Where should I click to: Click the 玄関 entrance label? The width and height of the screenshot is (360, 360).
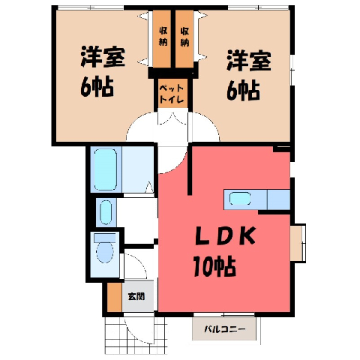[x=136, y=297]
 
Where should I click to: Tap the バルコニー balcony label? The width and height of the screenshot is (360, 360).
[x=225, y=328]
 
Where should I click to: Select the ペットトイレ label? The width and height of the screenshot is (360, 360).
[x=172, y=94]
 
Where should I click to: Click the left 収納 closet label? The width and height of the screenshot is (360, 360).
[x=163, y=37]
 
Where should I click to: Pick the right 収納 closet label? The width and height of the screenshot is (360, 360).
[x=184, y=37]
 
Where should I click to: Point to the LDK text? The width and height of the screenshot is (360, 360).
[x=225, y=236]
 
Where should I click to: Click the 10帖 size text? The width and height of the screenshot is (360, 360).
[x=214, y=266]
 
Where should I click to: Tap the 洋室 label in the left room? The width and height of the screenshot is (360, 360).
[x=103, y=57]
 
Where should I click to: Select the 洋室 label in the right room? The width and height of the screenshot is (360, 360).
[x=249, y=61]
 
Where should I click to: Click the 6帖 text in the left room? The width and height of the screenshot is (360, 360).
[x=97, y=87]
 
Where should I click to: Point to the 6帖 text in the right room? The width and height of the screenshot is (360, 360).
[x=243, y=91]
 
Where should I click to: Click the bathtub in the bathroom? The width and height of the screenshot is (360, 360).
[x=106, y=169]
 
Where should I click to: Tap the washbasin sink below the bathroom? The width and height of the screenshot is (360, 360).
[x=106, y=212]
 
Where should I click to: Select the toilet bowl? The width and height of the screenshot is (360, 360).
[x=105, y=252]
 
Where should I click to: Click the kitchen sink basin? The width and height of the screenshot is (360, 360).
[x=240, y=199]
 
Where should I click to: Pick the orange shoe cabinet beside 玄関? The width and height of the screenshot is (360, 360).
[x=115, y=297]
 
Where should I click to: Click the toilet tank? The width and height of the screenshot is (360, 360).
[x=105, y=238]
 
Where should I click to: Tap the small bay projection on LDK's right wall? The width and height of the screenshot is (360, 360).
[x=298, y=243]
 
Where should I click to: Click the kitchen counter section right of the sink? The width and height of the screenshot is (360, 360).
[x=279, y=199]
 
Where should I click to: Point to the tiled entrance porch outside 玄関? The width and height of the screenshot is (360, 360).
[x=135, y=334]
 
